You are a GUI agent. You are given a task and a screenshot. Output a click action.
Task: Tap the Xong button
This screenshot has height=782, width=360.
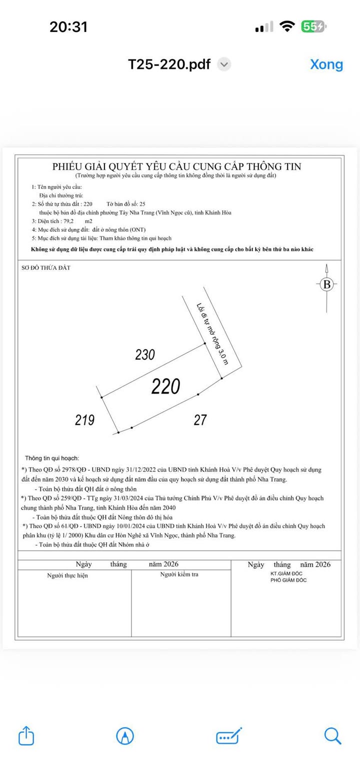(x=326, y=64)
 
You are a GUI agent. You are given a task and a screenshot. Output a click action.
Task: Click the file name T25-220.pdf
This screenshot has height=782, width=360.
(x=169, y=64)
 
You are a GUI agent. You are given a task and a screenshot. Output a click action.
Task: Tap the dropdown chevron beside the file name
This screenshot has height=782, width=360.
(x=224, y=64)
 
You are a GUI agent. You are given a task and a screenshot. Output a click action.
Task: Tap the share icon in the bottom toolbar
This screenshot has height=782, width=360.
(x=26, y=736)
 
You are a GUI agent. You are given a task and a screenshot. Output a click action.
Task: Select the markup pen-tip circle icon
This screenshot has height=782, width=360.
(x=124, y=736)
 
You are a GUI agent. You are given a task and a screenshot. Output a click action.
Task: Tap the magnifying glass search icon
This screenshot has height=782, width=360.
(x=332, y=736)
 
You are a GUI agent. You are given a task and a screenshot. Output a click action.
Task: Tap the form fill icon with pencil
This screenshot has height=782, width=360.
(x=229, y=736)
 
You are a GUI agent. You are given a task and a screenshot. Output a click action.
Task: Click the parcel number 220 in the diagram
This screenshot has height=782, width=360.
(x=165, y=387)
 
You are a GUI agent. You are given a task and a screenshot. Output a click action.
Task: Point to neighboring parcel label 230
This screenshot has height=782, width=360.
(x=145, y=355)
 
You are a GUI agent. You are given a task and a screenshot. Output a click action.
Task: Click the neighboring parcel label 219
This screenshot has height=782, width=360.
(x=84, y=420)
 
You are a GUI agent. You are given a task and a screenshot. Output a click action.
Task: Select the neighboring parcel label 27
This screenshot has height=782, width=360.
(x=200, y=420)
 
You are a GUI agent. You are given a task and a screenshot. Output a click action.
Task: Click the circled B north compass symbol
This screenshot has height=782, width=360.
(x=327, y=284)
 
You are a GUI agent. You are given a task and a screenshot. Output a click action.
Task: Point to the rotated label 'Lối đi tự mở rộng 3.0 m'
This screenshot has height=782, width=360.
(x=212, y=333)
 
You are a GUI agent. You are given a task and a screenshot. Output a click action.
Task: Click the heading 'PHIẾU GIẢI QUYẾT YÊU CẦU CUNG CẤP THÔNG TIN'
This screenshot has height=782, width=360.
(x=176, y=166)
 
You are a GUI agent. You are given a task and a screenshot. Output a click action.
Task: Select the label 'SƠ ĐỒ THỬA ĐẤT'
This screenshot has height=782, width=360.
(x=45, y=268)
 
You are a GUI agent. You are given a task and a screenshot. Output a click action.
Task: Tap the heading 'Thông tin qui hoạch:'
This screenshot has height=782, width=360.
(x=52, y=458)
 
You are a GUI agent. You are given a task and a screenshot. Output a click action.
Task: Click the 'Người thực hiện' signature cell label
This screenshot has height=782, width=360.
(x=67, y=576)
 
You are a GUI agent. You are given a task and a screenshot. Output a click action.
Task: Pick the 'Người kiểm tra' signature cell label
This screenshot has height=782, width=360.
(x=179, y=575)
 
